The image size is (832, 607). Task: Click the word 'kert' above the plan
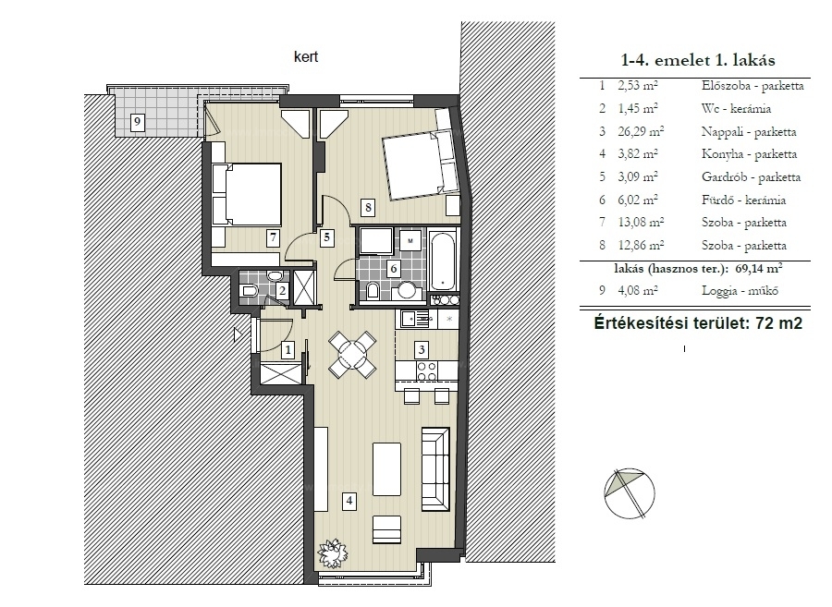(x=306, y=56)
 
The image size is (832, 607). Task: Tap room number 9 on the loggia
(x=138, y=122)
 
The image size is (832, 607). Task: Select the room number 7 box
(x=274, y=237)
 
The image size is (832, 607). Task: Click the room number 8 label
(x=368, y=207)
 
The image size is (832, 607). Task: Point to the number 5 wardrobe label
(x=327, y=237)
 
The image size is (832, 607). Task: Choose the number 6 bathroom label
(x=394, y=268)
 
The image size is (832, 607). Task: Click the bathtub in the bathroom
(x=443, y=261)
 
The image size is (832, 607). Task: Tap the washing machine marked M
(x=410, y=241)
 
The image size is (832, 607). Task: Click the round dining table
(x=352, y=354)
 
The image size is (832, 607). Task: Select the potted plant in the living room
(x=333, y=552)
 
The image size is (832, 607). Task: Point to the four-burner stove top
(x=426, y=370)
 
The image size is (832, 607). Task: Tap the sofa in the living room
(x=435, y=469)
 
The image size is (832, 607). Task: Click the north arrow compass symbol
(x=630, y=493)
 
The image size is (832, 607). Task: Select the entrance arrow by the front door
(x=239, y=334)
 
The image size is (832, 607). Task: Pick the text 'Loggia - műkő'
(x=740, y=290)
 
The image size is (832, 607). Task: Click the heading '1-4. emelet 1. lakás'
(x=698, y=60)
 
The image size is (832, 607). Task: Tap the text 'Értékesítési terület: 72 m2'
(x=698, y=322)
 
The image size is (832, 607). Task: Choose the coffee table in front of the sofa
(x=386, y=469)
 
